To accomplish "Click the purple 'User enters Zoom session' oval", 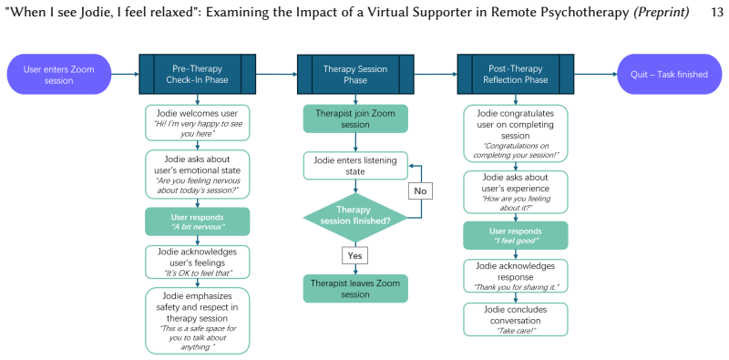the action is pyautogui.click(x=59, y=75).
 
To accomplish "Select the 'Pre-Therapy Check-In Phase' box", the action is pyautogui.click(x=197, y=74).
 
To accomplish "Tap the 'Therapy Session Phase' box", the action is pyautogui.click(x=355, y=75).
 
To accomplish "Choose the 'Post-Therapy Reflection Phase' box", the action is pyautogui.click(x=515, y=74).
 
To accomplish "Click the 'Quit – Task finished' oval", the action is pyautogui.click(x=669, y=75).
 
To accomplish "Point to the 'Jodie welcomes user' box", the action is pyautogui.click(x=197, y=122).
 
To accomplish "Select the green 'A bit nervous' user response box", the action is pyautogui.click(x=197, y=221).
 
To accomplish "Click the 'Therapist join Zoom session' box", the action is pyautogui.click(x=355, y=118).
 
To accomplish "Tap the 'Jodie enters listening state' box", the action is pyautogui.click(x=355, y=166).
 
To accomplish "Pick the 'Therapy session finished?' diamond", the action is pyautogui.click(x=355, y=217).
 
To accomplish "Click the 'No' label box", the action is pyautogui.click(x=420, y=191).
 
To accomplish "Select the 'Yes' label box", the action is pyautogui.click(x=355, y=255).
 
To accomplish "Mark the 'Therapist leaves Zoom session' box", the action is pyautogui.click(x=355, y=288).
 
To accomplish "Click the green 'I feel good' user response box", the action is pyautogui.click(x=515, y=235).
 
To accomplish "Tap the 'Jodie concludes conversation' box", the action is pyautogui.click(x=515, y=320).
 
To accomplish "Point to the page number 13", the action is pyautogui.click(x=717, y=12).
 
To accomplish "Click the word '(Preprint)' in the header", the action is pyautogui.click(x=661, y=13).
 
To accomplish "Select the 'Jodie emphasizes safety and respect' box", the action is pyautogui.click(x=197, y=321).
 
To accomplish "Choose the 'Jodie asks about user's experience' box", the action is pyautogui.click(x=515, y=192).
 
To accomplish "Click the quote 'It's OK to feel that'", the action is pyautogui.click(x=197, y=273).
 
